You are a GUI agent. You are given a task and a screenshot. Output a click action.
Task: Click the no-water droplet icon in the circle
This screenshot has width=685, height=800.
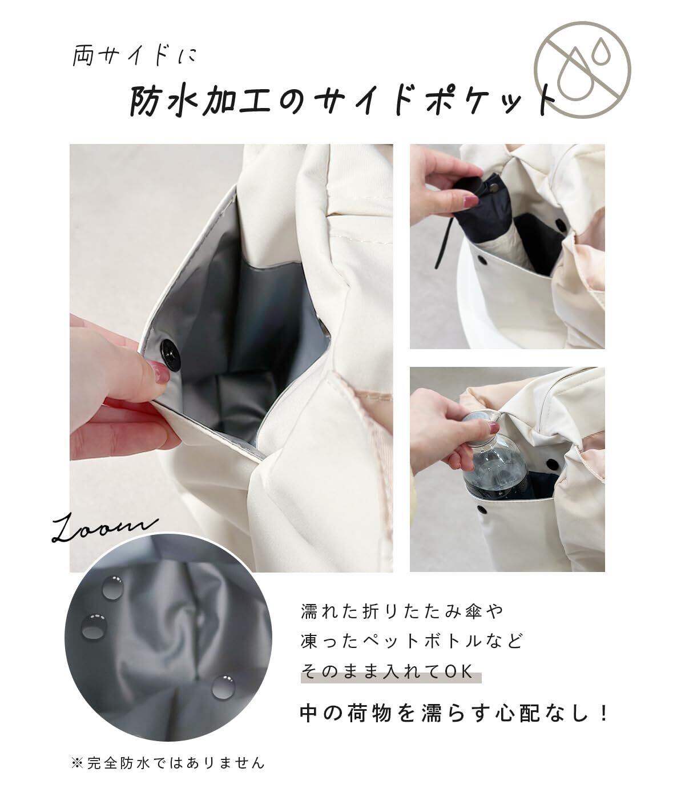tap(582, 70)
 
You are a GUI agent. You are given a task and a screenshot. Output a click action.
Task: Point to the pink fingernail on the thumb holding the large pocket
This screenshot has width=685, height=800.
tap(159, 371)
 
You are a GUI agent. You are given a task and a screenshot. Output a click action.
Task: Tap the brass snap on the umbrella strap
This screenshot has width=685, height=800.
tap(494, 189)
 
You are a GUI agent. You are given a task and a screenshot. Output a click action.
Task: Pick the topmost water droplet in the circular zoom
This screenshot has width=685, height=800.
tap(112, 587)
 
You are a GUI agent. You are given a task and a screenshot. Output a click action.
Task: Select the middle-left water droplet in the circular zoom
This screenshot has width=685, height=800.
tap(94, 626)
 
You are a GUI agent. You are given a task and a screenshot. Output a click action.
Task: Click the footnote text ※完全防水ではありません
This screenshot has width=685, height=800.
tap(168, 763)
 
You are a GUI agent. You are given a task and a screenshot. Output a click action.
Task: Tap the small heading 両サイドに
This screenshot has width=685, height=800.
tap(135, 57)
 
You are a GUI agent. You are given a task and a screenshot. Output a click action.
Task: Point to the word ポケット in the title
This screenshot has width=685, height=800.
tap(486, 101)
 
